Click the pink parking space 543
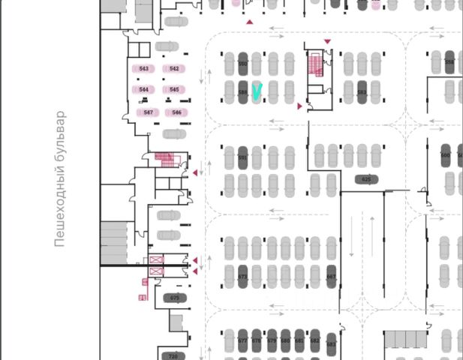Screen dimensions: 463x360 click(144, 69)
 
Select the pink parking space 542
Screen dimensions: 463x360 click(174, 69)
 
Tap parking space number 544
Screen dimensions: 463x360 click(144, 90)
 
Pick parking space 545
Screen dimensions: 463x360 click(174, 90)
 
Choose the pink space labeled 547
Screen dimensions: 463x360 click(149, 112)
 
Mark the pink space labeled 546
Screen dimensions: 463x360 click(176, 112)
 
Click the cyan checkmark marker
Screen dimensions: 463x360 click(258, 92)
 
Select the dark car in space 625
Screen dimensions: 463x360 click(366, 179)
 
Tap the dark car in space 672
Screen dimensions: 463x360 click(242, 276)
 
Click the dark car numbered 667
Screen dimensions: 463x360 click(331, 276)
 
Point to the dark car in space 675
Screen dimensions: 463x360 click(175, 298)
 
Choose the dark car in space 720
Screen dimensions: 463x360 click(173, 355)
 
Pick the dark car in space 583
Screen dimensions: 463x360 click(362, 92)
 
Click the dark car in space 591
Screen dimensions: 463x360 click(242, 158)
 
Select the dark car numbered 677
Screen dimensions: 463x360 click(242, 341)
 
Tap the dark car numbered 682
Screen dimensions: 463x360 click(314, 341)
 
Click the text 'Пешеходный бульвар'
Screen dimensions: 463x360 click(60, 179)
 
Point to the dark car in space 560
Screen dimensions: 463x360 click(242, 64)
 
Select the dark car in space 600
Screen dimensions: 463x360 click(445, 155)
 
